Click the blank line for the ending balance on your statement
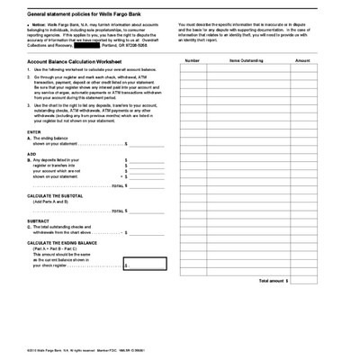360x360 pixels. pos(146,143)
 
